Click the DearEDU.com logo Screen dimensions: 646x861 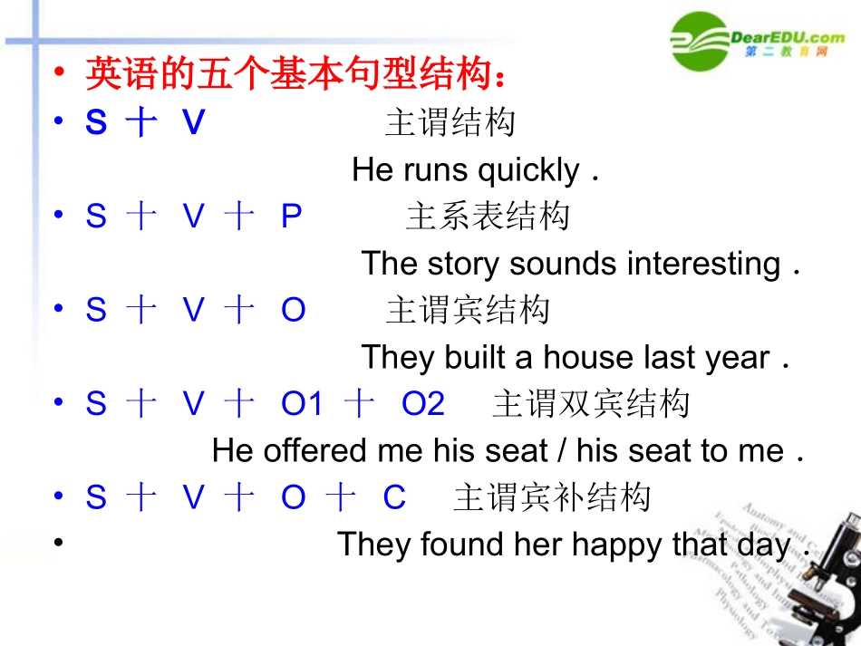tap(758, 41)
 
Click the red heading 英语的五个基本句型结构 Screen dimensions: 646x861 tap(295, 74)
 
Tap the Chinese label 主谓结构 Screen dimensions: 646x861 tap(450, 122)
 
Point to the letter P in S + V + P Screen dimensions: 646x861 tap(291, 217)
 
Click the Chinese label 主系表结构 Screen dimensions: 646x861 tap(488, 217)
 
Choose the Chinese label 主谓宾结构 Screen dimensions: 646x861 tap(468, 311)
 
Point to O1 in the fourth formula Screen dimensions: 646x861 tap(302, 405)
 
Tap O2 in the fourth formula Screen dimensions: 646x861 tap(423, 405)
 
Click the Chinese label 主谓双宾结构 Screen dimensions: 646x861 tap(591, 405)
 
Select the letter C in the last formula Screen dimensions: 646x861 tap(395, 498)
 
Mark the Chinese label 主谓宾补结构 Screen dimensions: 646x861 tap(552, 498)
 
